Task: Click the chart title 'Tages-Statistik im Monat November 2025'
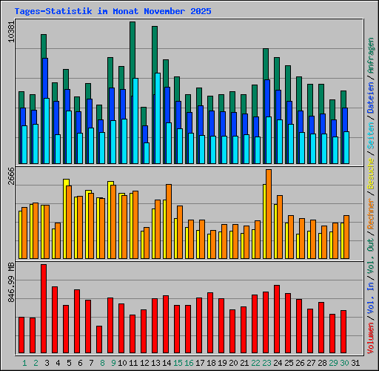(113, 12)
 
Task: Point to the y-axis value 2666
(10, 180)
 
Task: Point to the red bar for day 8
(99, 340)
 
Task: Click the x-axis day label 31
(355, 362)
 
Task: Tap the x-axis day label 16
(188, 362)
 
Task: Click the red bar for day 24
(277, 320)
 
